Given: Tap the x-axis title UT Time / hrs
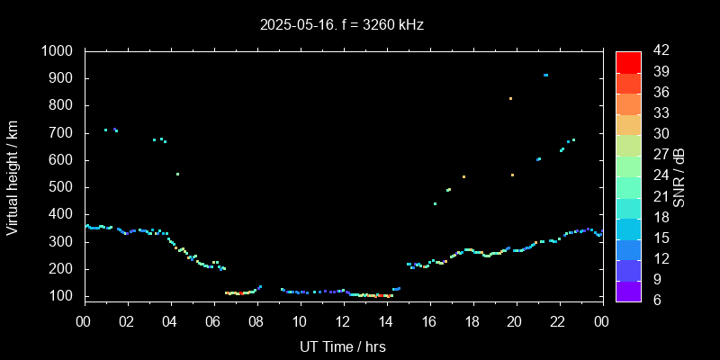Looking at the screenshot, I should coord(342,346).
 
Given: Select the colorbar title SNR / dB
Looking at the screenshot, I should coord(679,177).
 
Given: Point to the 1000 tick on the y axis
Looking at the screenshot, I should coord(59,51).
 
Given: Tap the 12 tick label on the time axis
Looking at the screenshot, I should coord(343,321).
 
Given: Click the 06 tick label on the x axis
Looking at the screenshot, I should coord(213,321).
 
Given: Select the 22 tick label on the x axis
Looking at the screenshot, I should coord(558,321).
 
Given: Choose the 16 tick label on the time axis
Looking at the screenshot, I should coord(429,321).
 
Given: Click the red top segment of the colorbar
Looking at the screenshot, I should coord(628,61).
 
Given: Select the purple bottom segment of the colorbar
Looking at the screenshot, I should coord(628,290).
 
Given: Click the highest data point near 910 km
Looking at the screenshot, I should coord(545,75).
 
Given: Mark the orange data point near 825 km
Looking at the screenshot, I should coord(510,98).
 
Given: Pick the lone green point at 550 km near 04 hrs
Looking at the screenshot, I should coord(177,174).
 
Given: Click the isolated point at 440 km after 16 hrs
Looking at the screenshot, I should coord(435,203).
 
